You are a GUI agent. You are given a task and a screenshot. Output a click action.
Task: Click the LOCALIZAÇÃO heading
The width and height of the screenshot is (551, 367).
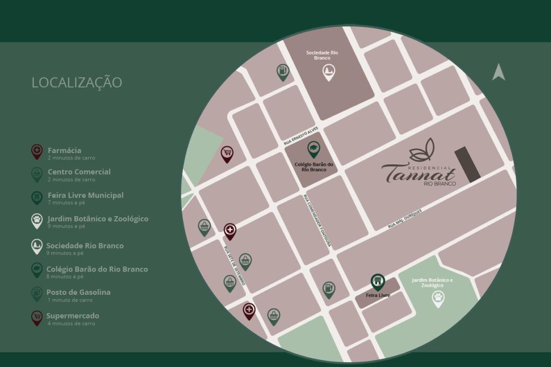click(76, 82)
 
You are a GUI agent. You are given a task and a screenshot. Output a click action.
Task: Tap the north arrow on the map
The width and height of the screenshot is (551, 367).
click(498, 72)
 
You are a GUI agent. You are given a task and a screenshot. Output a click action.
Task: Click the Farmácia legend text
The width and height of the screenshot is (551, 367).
click(65, 150)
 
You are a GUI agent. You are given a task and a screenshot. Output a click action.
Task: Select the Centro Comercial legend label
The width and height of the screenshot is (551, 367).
click(79, 172)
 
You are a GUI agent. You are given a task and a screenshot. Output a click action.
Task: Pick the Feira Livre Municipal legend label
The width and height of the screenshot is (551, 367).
click(85, 195)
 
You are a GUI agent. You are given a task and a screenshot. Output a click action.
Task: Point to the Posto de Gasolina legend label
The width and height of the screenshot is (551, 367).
click(78, 292)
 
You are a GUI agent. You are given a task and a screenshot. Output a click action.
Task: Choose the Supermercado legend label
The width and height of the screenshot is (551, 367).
click(73, 316)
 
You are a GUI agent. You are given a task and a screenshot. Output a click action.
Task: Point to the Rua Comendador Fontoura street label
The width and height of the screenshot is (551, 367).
click(317, 221)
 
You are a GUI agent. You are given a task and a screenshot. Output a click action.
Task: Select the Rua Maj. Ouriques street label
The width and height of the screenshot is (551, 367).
click(405, 219)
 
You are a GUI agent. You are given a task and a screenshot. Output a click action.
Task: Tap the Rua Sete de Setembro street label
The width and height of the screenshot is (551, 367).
click(235, 266)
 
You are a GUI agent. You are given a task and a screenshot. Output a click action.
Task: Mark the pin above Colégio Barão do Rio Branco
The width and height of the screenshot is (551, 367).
click(313, 148)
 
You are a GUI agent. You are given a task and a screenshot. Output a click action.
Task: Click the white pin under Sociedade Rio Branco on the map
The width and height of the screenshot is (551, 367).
click(328, 72)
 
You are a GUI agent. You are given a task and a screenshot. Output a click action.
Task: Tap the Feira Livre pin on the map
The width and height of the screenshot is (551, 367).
click(378, 281)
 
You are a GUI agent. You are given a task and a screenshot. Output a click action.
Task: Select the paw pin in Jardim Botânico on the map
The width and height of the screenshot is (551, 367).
click(439, 298)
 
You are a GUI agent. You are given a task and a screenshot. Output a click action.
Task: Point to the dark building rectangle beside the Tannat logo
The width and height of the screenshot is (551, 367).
click(467, 164)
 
